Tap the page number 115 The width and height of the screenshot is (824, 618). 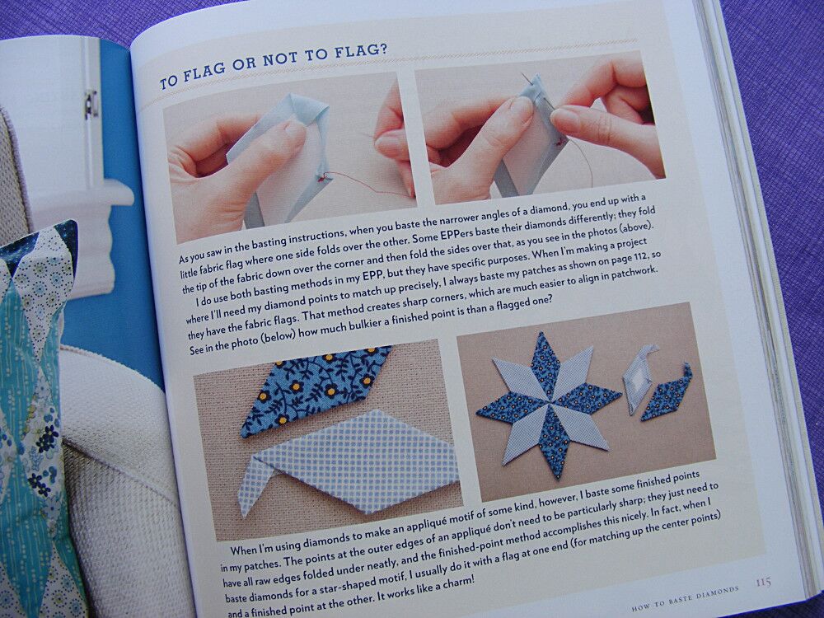click(763, 583)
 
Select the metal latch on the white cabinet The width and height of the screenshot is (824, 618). click(89, 102)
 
